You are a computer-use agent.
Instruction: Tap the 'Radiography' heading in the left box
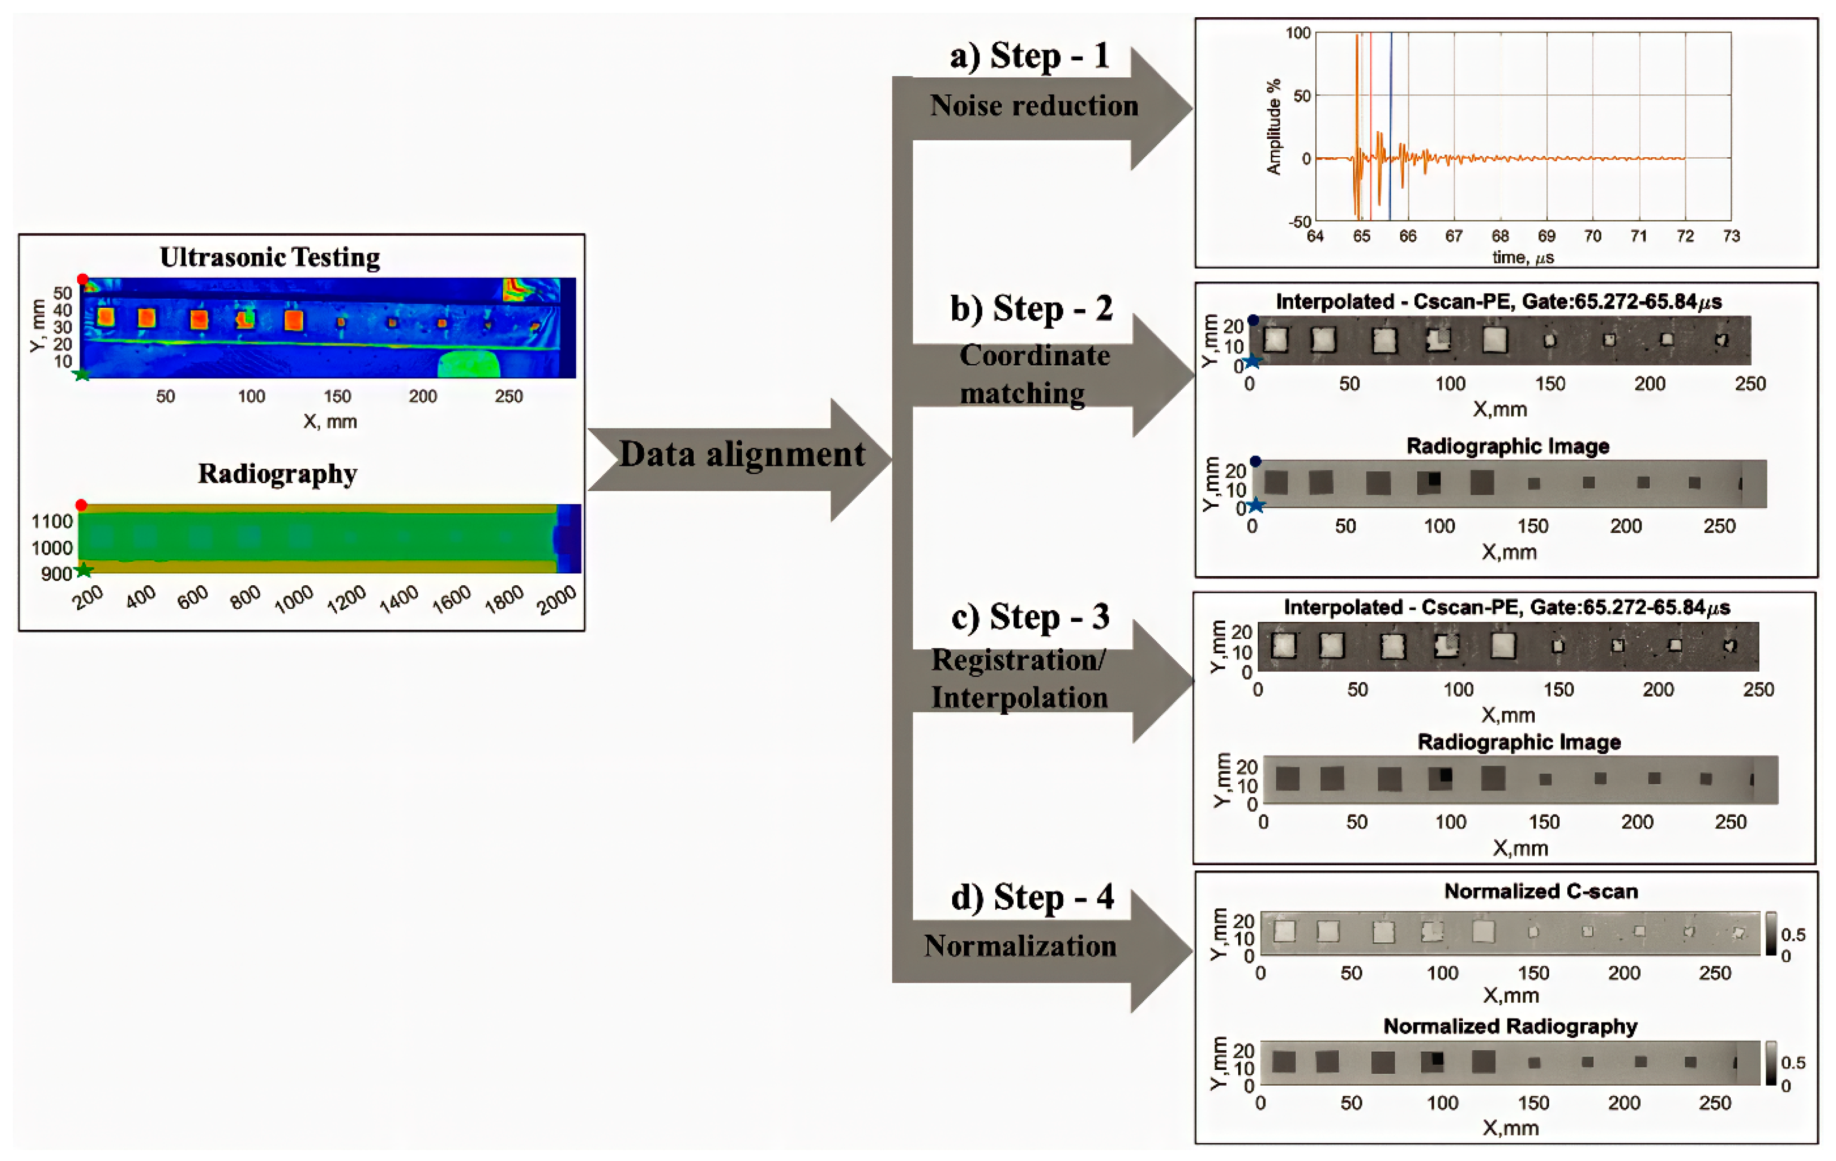[277, 474]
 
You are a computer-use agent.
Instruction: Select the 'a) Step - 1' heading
[1029, 57]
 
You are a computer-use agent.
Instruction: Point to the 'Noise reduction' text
[1033, 106]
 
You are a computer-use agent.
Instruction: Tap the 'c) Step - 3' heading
[1030, 617]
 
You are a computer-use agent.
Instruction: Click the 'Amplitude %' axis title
[1273, 127]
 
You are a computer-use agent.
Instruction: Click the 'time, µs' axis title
[1523, 258]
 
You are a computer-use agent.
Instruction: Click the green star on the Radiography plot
[84, 570]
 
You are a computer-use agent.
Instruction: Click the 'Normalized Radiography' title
[1510, 1026]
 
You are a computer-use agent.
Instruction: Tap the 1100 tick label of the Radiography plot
[52, 522]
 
